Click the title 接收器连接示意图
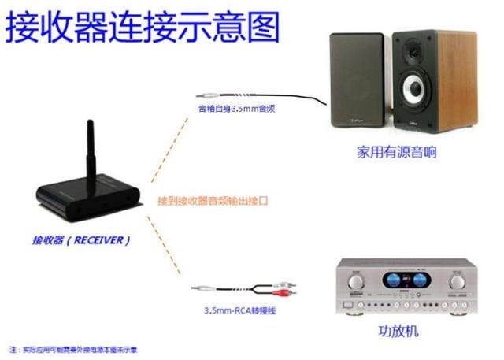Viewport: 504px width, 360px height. pyautogui.click(x=143, y=26)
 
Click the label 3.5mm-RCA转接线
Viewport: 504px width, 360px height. pyautogui.click(x=236, y=311)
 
